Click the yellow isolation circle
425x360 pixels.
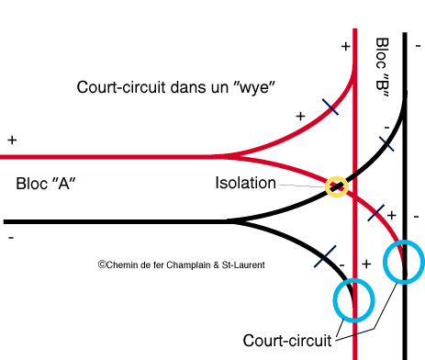[337, 186]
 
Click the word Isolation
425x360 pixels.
[245, 183]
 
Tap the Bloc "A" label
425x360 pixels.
[45, 184]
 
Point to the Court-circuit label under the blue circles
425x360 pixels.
[286, 341]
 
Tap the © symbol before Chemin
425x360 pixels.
[102, 264]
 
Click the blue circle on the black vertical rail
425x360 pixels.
[403, 263]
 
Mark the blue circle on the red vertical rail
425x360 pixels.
[353, 298]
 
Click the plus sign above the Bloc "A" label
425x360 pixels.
[12, 141]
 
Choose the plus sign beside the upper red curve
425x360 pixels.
[299, 117]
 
